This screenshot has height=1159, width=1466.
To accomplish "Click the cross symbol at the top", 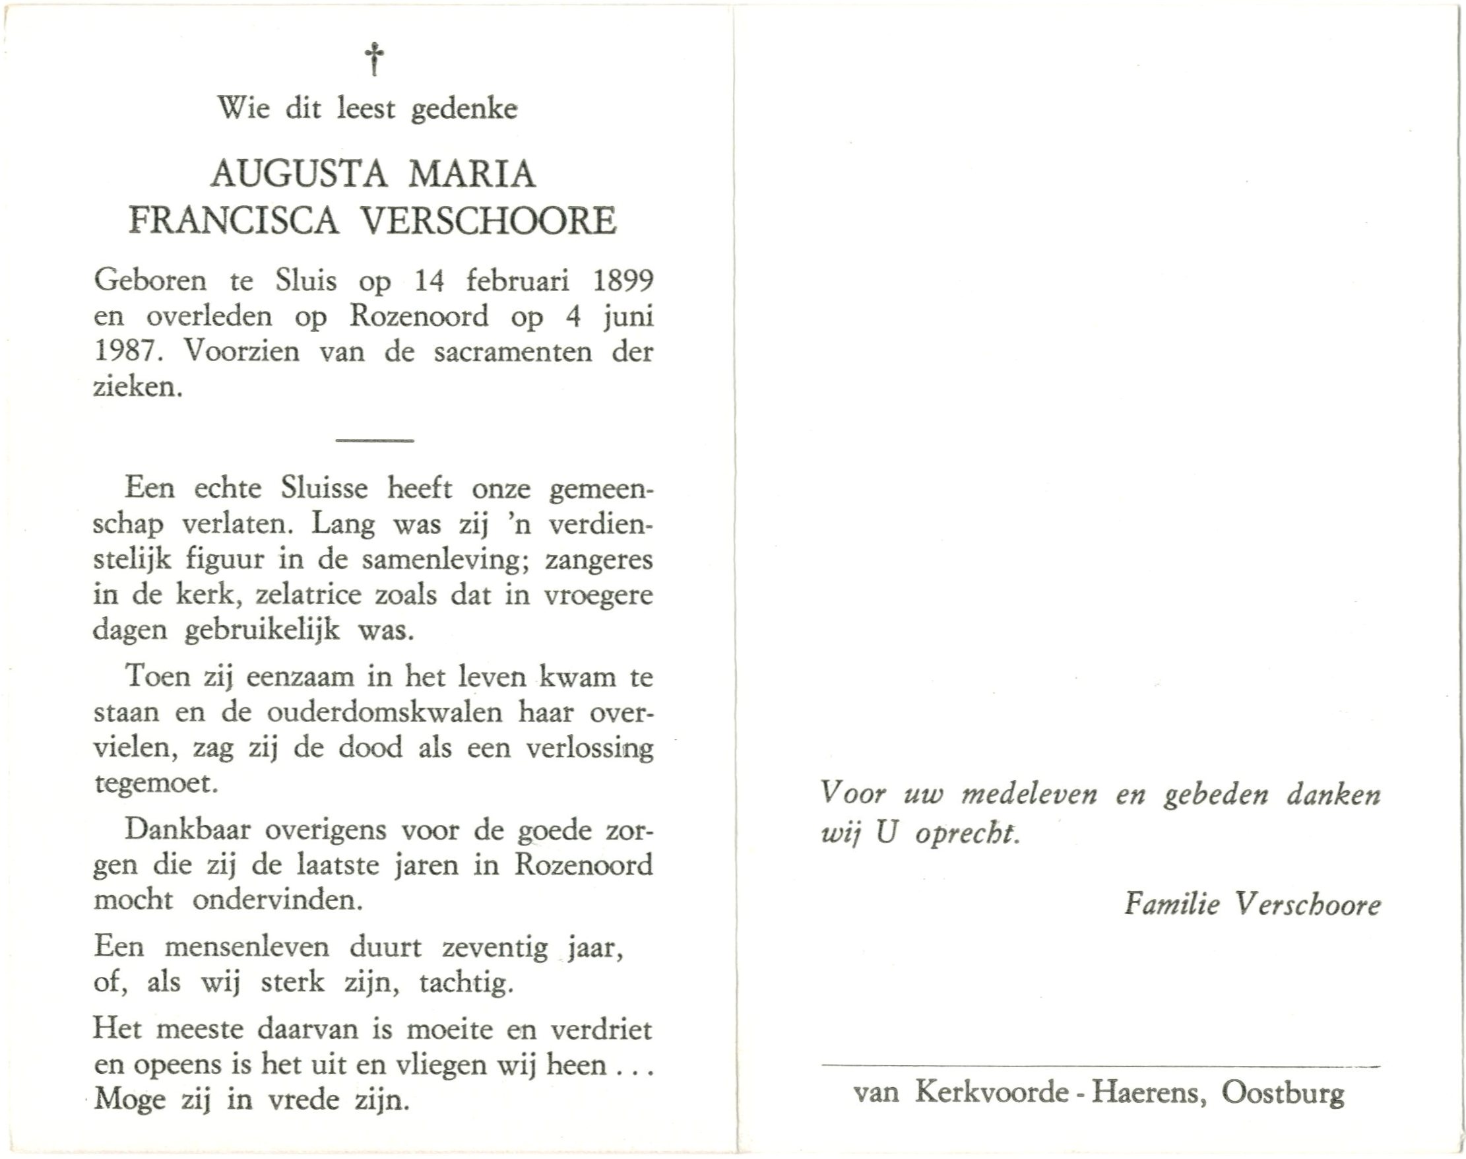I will [374, 59].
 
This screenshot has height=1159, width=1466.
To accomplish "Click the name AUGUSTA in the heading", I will [299, 175].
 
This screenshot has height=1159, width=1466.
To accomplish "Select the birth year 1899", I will [623, 281].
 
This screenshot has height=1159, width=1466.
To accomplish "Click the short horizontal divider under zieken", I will [375, 440].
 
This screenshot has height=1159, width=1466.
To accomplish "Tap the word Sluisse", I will [324, 488].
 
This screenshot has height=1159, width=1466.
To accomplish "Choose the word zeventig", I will [495, 948].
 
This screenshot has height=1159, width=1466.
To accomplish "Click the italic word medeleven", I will [1029, 795].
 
